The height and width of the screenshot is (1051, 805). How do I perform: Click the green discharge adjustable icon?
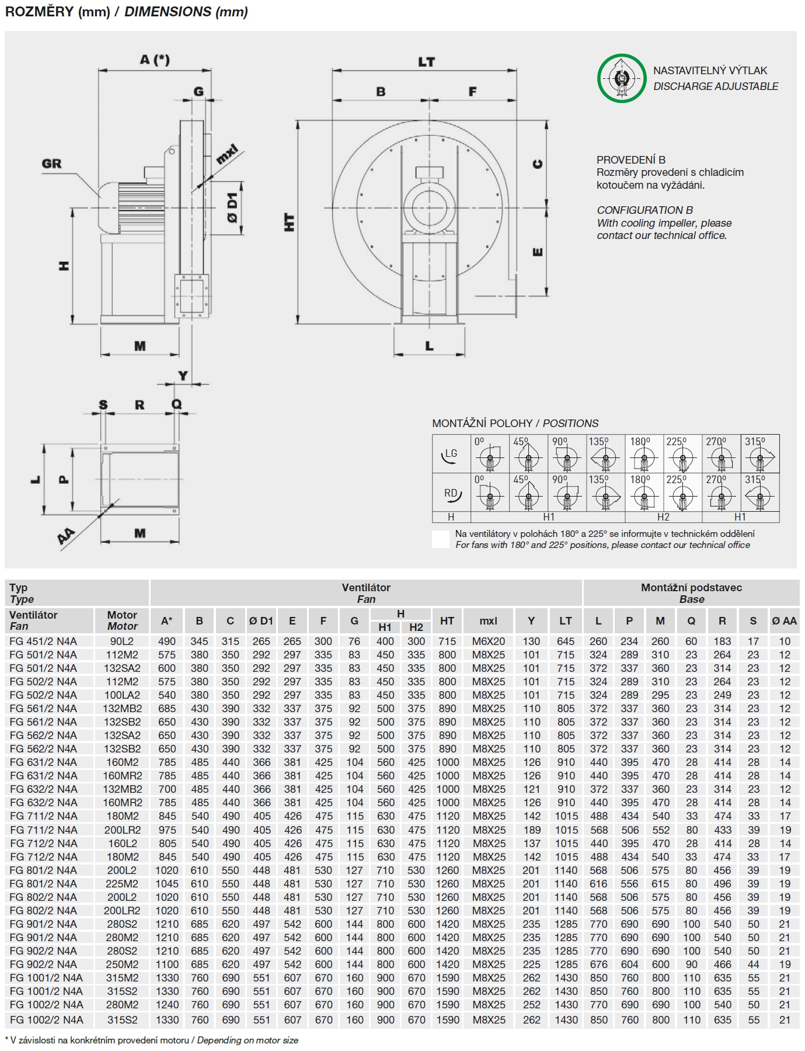point(622,78)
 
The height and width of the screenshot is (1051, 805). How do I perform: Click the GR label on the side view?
point(51,164)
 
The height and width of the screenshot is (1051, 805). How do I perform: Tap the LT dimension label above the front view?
point(426,62)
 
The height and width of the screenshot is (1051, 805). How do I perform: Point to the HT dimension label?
point(290,222)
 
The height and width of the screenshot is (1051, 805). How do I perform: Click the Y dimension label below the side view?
point(183,376)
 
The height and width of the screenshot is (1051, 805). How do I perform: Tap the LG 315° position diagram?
point(759,454)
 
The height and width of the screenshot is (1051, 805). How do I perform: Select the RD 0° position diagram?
point(490,492)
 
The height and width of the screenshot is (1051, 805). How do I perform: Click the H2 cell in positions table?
point(663,517)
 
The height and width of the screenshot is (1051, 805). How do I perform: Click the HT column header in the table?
point(447,621)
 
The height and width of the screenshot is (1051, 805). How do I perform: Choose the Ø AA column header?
point(784,621)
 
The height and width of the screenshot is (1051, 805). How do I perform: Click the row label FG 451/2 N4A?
point(43,641)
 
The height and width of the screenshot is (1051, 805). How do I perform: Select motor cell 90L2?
point(122,641)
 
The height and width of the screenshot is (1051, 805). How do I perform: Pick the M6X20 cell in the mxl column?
point(489,641)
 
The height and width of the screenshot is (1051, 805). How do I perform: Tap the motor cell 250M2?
point(122,965)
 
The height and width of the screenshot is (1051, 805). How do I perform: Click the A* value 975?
point(167,830)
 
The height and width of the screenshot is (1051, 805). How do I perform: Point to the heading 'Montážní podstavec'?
point(691,588)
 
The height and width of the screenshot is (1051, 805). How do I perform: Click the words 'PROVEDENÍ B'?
point(630,159)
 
